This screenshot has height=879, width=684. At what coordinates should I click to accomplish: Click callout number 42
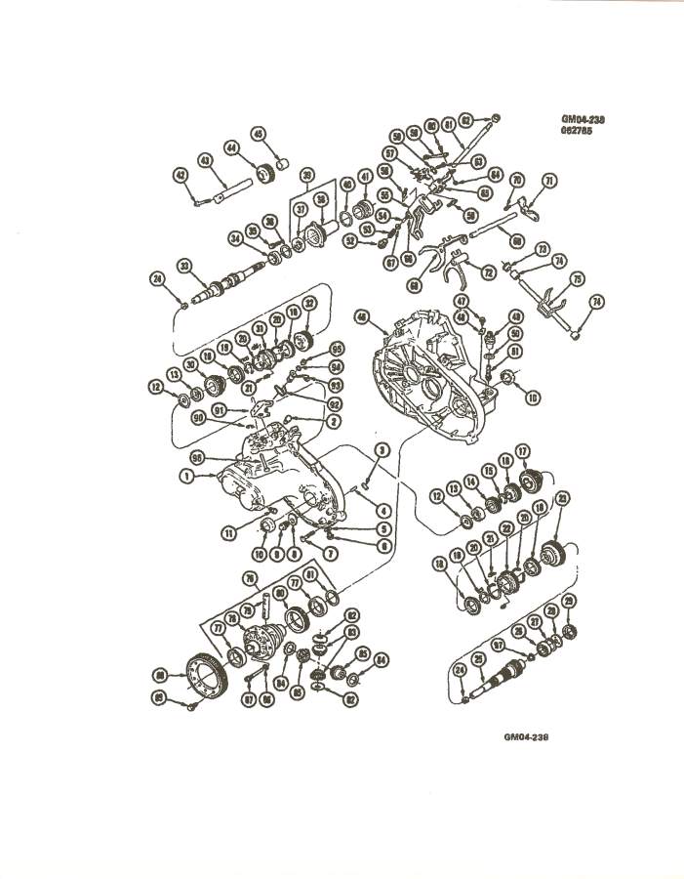click(181, 176)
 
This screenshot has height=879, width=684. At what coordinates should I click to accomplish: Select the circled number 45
click(259, 134)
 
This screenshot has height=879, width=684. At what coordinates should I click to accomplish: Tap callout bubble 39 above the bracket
click(307, 177)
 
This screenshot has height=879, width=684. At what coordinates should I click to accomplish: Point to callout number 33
click(183, 265)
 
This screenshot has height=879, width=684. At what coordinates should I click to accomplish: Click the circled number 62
click(467, 121)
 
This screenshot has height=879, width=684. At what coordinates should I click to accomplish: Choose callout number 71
click(549, 181)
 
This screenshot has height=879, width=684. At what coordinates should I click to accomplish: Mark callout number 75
click(577, 278)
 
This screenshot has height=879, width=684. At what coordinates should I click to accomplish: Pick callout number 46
click(363, 316)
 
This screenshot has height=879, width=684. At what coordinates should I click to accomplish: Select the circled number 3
click(383, 449)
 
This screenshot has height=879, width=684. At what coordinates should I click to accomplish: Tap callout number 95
click(338, 349)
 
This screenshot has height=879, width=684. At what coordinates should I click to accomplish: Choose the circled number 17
click(523, 450)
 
